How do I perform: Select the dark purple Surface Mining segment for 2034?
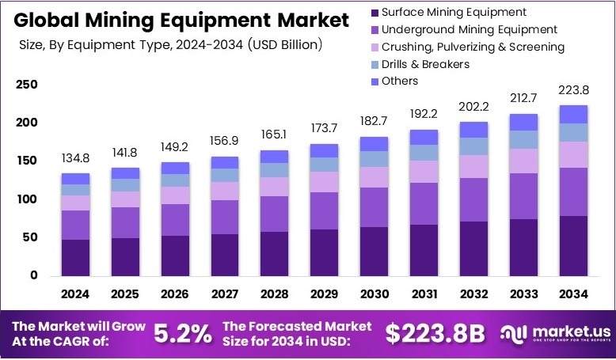pos(573,245)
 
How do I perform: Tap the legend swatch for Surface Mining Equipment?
pos(373,13)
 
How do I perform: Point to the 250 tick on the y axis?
pos(27,85)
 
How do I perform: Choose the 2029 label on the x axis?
pos(325,294)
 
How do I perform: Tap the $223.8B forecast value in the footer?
pos(435,334)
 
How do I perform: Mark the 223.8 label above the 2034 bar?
pos(573,90)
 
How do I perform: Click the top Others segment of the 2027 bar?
pos(225,162)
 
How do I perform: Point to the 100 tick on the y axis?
pos(27,199)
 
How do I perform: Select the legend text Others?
pos(399,81)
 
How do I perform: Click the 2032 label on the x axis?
pos(473,294)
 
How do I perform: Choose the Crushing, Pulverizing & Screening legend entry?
pos(473,47)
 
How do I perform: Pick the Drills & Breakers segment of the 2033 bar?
pos(523,140)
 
